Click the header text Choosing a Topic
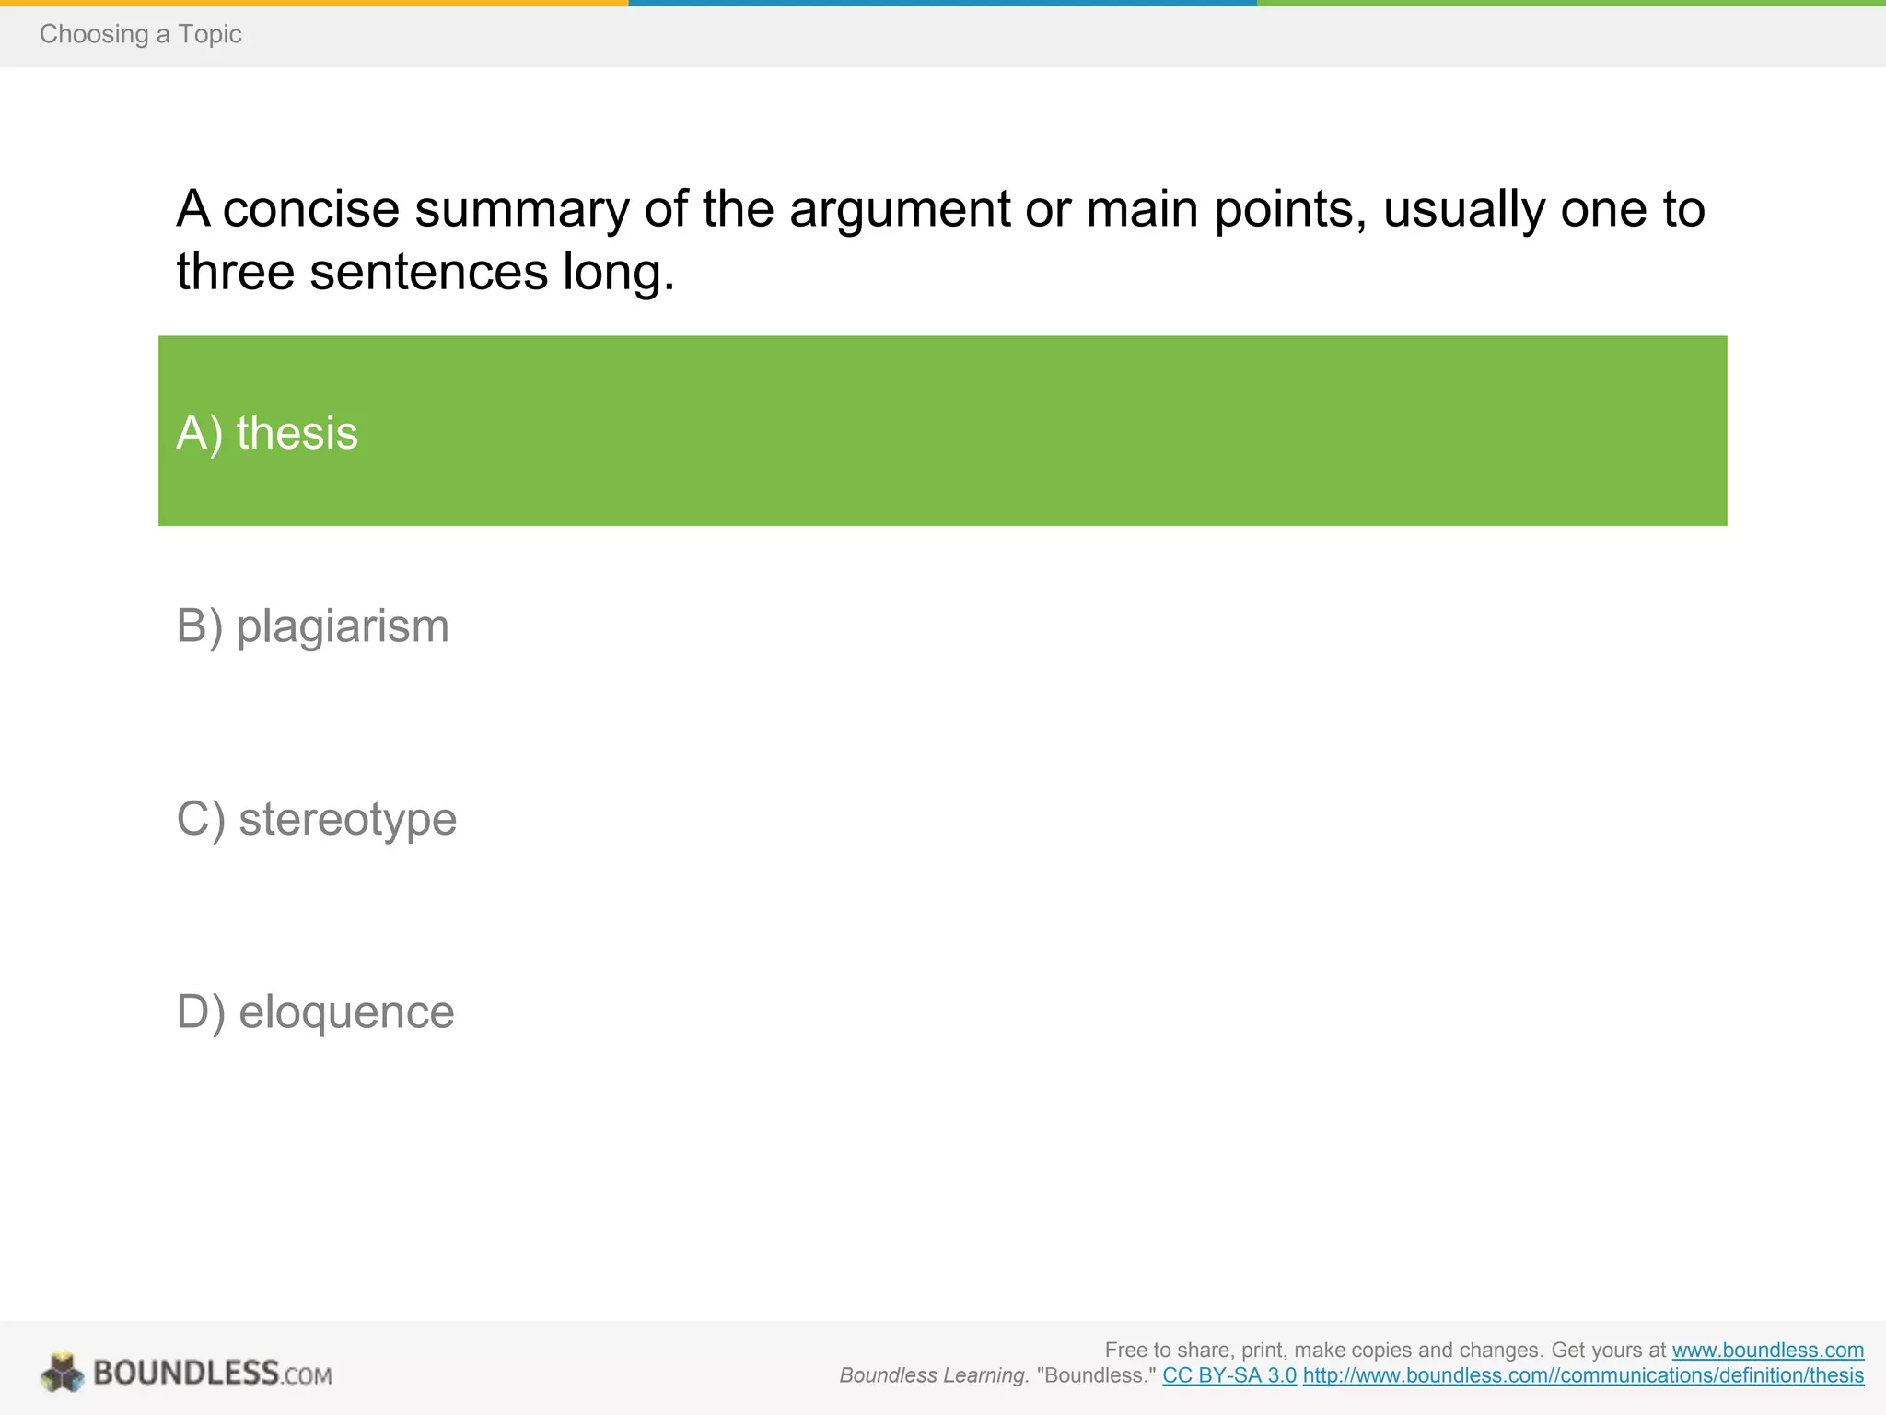(x=140, y=34)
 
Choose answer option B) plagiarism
(x=312, y=626)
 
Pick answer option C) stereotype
(x=316, y=819)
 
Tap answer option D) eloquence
(x=315, y=1012)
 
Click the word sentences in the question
(x=429, y=273)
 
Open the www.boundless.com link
(x=1767, y=1350)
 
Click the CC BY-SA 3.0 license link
(x=1229, y=1375)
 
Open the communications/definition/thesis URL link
(x=1583, y=1375)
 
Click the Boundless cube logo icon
(x=62, y=1373)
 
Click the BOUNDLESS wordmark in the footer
(x=186, y=1373)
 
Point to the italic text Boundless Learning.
(x=934, y=1375)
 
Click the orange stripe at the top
(x=313, y=3)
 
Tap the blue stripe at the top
(x=942, y=3)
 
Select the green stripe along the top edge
(x=1570, y=3)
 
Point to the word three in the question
(x=236, y=273)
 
